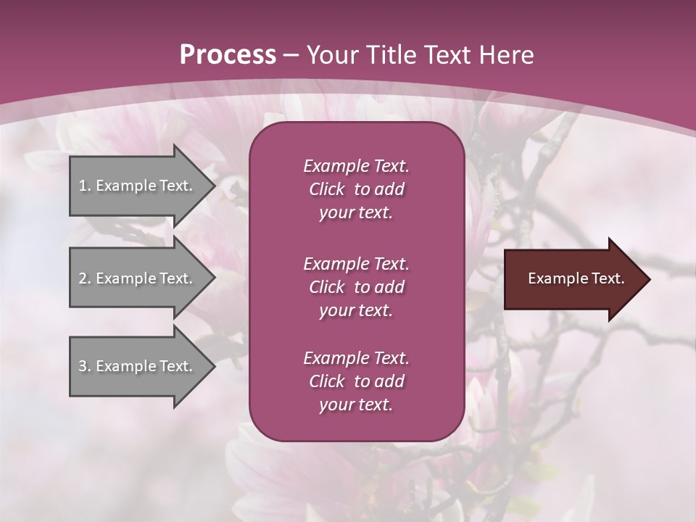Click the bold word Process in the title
point(228,55)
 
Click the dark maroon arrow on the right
point(573,279)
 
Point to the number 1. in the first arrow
point(84,186)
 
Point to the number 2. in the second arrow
point(84,278)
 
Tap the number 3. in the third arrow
point(84,366)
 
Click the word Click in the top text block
point(327,189)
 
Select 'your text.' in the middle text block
point(356,310)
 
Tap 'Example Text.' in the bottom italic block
point(356,358)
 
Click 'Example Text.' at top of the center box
point(356,166)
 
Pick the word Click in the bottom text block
point(327,381)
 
